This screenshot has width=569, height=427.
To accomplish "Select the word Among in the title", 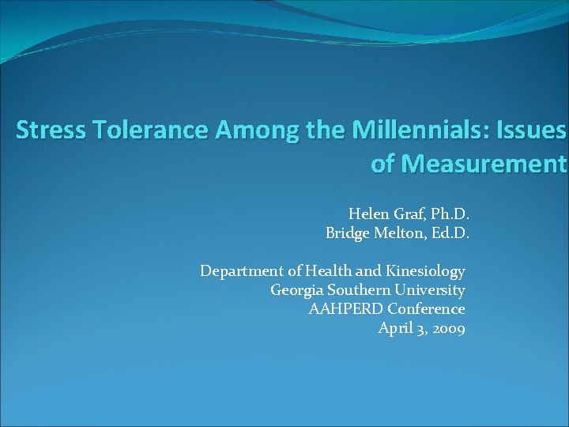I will coord(242,130).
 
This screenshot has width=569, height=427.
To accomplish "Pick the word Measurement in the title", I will coord(483,164).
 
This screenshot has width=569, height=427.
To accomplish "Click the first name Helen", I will coord(368,213).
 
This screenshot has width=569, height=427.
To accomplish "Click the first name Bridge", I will coord(348,233).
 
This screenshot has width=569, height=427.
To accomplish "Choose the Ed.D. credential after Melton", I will coord(448,233).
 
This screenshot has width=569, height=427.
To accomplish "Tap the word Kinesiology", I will coord(425,271).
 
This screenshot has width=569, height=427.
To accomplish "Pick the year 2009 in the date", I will coord(447,328).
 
